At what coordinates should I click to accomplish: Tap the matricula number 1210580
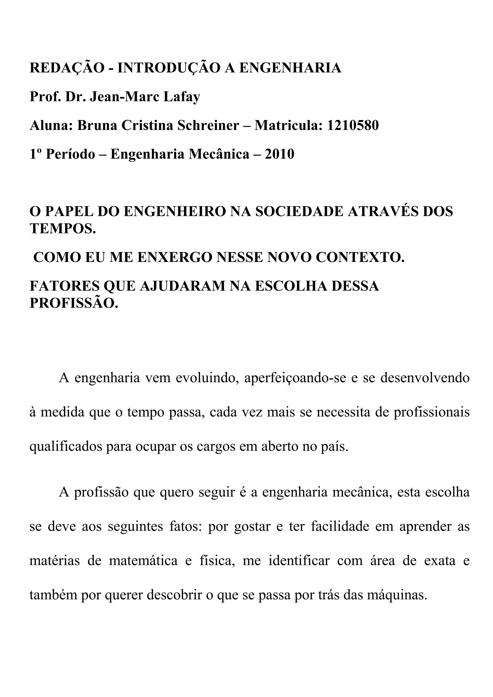click(x=353, y=125)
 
